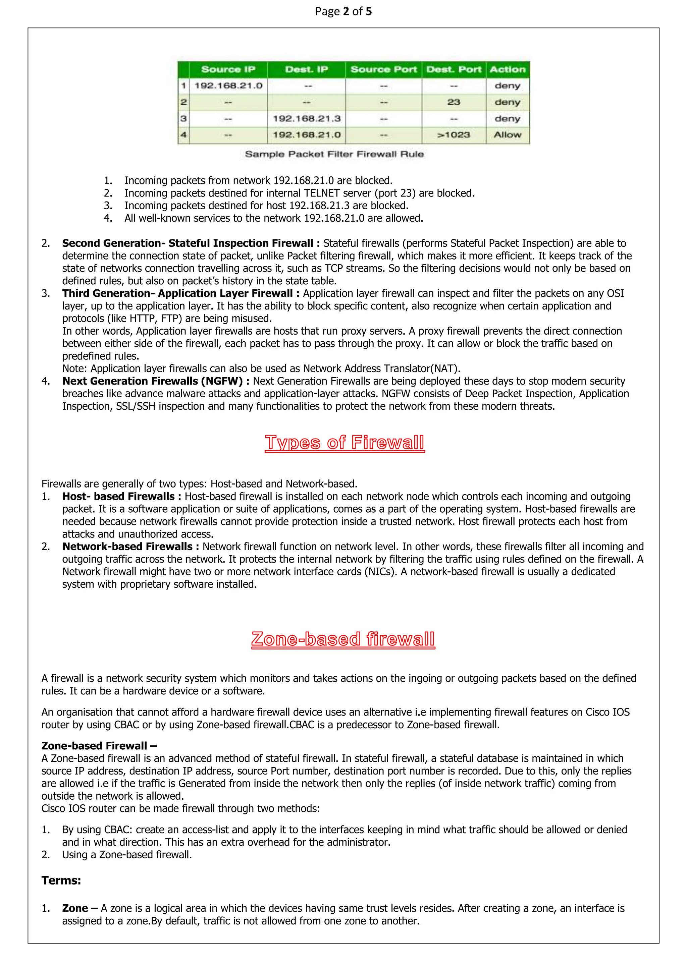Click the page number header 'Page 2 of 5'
click(x=343, y=11)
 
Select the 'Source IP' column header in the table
click(x=228, y=69)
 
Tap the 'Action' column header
click(x=507, y=69)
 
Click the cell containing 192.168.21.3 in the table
click(x=306, y=118)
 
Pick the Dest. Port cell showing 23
click(x=454, y=102)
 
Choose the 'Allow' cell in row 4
click(x=507, y=135)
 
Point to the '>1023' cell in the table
click(x=454, y=135)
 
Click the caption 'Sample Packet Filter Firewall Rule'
click(x=334, y=154)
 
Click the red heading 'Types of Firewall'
click(x=345, y=443)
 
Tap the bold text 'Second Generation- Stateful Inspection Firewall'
click(x=188, y=243)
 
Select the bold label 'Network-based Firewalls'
click(x=127, y=547)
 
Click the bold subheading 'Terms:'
click(x=61, y=880)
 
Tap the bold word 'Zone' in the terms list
click(x=75, y=908)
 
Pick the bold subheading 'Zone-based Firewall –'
click(x=99, y=746)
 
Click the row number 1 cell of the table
click(x=183, y=86)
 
